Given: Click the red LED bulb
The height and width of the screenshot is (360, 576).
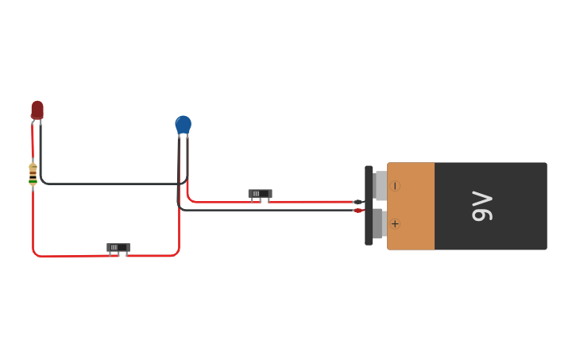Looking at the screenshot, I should coord(37,109).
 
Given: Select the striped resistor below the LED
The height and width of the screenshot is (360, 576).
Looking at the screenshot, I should coord(33,174).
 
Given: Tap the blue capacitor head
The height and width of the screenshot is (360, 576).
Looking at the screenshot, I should coord(183,124).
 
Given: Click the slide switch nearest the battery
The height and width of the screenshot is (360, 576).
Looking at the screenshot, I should coord(260,194).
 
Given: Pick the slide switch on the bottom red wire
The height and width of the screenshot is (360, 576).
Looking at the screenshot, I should coord(118,248).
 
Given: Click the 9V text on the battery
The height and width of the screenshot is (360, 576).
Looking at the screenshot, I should coord(482,206).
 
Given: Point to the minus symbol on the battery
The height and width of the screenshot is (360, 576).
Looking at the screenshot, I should coord(395,186).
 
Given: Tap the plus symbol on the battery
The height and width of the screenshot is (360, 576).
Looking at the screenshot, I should coord(395,223).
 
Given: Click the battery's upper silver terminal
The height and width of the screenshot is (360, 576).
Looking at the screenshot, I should coord(381,186).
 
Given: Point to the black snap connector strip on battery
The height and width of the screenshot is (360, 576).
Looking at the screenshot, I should coord(369,205).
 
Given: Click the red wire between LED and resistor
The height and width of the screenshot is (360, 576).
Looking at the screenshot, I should coord(33,143).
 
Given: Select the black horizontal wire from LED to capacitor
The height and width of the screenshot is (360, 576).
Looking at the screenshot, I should coord(111,184).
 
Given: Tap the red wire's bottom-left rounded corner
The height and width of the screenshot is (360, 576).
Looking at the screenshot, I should coord(35,254).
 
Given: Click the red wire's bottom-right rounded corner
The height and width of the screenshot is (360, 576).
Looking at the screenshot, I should coord(177,253).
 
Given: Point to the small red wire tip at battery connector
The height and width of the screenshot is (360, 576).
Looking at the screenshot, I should coord(358,210).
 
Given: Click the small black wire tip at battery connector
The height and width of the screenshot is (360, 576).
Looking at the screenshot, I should coord(358,202).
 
